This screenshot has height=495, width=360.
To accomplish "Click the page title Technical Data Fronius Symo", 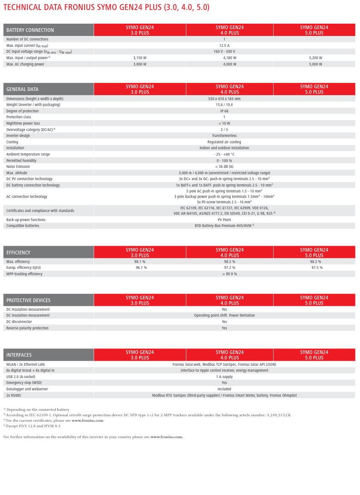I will (106, 7).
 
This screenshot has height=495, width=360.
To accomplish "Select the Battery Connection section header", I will (30, 30).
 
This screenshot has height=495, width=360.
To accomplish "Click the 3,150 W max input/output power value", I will (140, 58).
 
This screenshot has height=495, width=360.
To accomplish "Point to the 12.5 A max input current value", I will (224, 45).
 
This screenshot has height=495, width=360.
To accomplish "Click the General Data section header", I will (22, 89).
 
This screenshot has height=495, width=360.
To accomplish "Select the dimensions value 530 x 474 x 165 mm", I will (224, 99).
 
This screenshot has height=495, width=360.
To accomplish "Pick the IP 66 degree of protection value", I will (224, 111).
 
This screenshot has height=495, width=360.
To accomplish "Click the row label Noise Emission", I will (18, 167).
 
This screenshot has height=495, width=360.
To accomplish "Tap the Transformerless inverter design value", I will (224, 136).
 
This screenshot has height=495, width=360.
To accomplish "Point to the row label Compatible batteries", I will (22, 226).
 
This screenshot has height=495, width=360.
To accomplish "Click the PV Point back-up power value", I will (224, 220).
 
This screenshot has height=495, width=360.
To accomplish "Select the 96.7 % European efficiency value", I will (141, 268).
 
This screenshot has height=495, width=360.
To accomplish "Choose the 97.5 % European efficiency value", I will (317, 268).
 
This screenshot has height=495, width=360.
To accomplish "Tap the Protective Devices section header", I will (28, 300).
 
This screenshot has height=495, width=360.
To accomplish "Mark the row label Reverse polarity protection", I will (27, 328).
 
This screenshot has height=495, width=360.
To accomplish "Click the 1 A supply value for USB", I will (224, 377).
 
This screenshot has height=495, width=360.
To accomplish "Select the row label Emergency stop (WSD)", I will (24, 383).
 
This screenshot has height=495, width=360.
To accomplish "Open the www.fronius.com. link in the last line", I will (166, 437).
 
